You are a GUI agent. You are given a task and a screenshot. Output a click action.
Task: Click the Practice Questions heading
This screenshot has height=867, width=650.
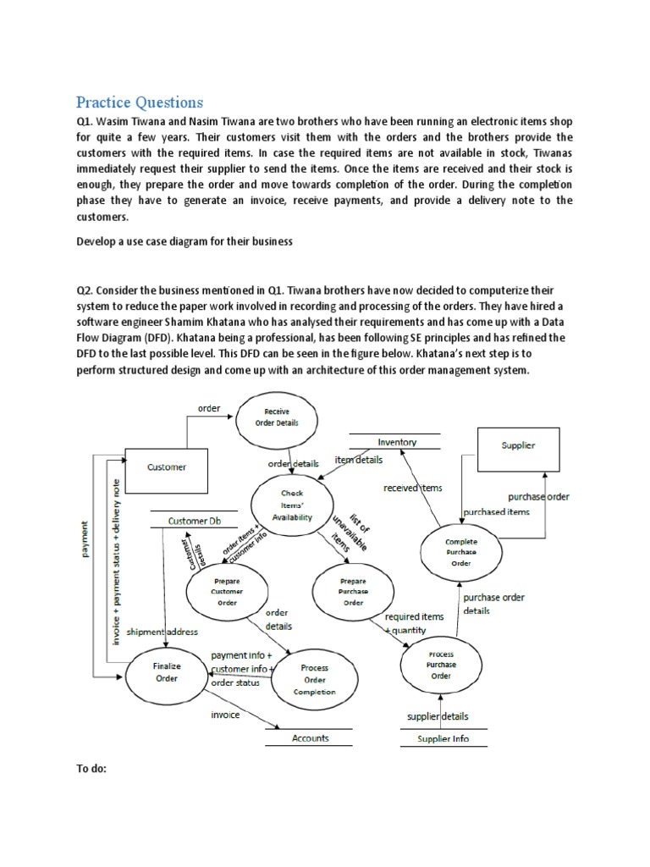click(140, 102)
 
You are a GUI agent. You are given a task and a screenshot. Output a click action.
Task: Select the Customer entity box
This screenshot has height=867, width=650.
click(167, 467)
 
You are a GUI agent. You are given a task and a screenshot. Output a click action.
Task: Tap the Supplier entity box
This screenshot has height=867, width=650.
click(518, 445)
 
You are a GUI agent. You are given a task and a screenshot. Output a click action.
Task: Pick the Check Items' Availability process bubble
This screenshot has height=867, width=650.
click(291, 505)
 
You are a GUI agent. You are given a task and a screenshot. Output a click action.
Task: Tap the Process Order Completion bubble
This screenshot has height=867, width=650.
click(314, 679)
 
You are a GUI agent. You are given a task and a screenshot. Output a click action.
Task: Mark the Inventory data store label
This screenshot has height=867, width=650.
click(397, 442)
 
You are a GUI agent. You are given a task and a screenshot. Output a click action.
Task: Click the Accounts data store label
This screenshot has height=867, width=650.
click(311, 738)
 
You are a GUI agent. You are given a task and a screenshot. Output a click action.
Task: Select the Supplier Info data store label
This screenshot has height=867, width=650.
click(443, 739)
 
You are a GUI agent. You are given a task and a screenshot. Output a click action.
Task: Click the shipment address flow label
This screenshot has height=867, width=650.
click(162, 631)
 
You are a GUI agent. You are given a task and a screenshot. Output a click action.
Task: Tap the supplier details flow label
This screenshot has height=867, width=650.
click(438, 716)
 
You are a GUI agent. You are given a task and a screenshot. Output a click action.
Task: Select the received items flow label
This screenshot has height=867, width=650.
click(412, 488)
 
